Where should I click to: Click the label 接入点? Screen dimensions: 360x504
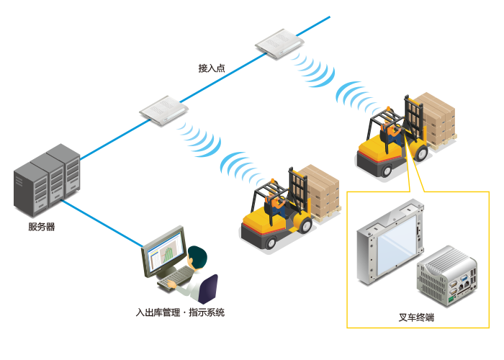click(212, 68)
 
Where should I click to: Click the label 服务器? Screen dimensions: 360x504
click(41, 227)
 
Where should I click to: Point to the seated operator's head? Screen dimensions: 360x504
click(197, 256)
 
